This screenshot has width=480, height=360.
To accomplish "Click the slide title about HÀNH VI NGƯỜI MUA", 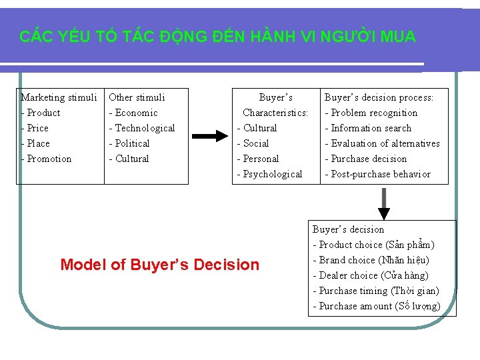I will coord(217,37).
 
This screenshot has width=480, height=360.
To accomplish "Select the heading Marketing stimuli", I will coord(59,97).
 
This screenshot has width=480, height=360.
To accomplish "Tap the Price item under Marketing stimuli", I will coord(37,128).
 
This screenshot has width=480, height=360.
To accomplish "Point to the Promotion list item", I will coord(49,159).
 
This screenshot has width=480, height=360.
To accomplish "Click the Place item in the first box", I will coord(38,143).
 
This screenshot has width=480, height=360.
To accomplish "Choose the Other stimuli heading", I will coord(137,97).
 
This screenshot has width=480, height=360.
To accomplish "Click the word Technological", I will coord(145,128).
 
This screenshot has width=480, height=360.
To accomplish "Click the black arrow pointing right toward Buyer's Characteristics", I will coord(209,136).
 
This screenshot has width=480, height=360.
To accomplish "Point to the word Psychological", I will coord(272,174).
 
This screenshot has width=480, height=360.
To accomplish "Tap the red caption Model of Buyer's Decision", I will coord(160,265).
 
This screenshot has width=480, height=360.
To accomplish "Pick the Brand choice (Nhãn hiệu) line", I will coord(374,260).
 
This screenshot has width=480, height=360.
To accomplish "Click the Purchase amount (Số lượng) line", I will coord(379,306).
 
